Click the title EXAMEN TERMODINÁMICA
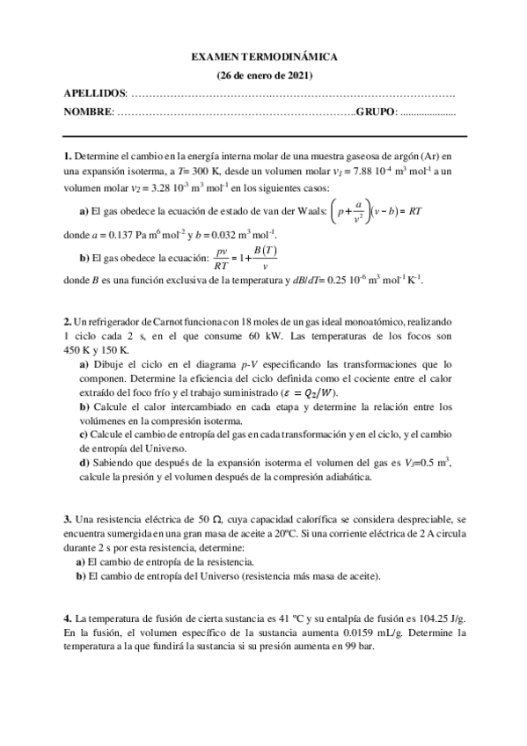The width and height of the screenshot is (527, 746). point(264,57)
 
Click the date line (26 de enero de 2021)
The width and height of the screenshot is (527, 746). point(264,75)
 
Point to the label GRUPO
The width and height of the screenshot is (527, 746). point(376,112)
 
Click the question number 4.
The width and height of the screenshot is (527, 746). point(67,618)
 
